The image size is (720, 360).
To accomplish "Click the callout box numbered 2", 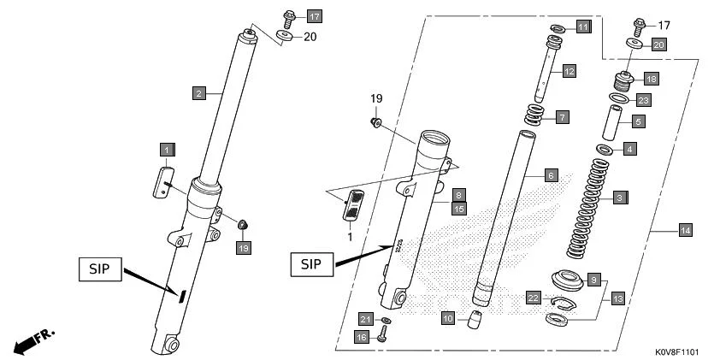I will click(198, 92).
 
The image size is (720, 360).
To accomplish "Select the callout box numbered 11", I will click(582, 28).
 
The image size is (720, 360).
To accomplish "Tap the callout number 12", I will click(569, 73).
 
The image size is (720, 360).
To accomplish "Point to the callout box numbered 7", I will click(562, 116).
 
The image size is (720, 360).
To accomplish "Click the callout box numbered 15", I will click(459, 208).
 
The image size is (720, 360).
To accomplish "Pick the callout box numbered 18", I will click(652, 78).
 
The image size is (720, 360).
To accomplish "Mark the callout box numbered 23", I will click(643, 100).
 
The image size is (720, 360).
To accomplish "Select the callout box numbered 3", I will click(618, 198).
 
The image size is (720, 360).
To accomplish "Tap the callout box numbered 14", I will click(685, 230).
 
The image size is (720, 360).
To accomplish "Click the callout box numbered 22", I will click(533, 298).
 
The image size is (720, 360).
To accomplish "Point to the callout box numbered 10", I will click(448, 318).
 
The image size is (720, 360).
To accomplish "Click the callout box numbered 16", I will click(363, 338).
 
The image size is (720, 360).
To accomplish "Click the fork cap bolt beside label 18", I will click(624, 84).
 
